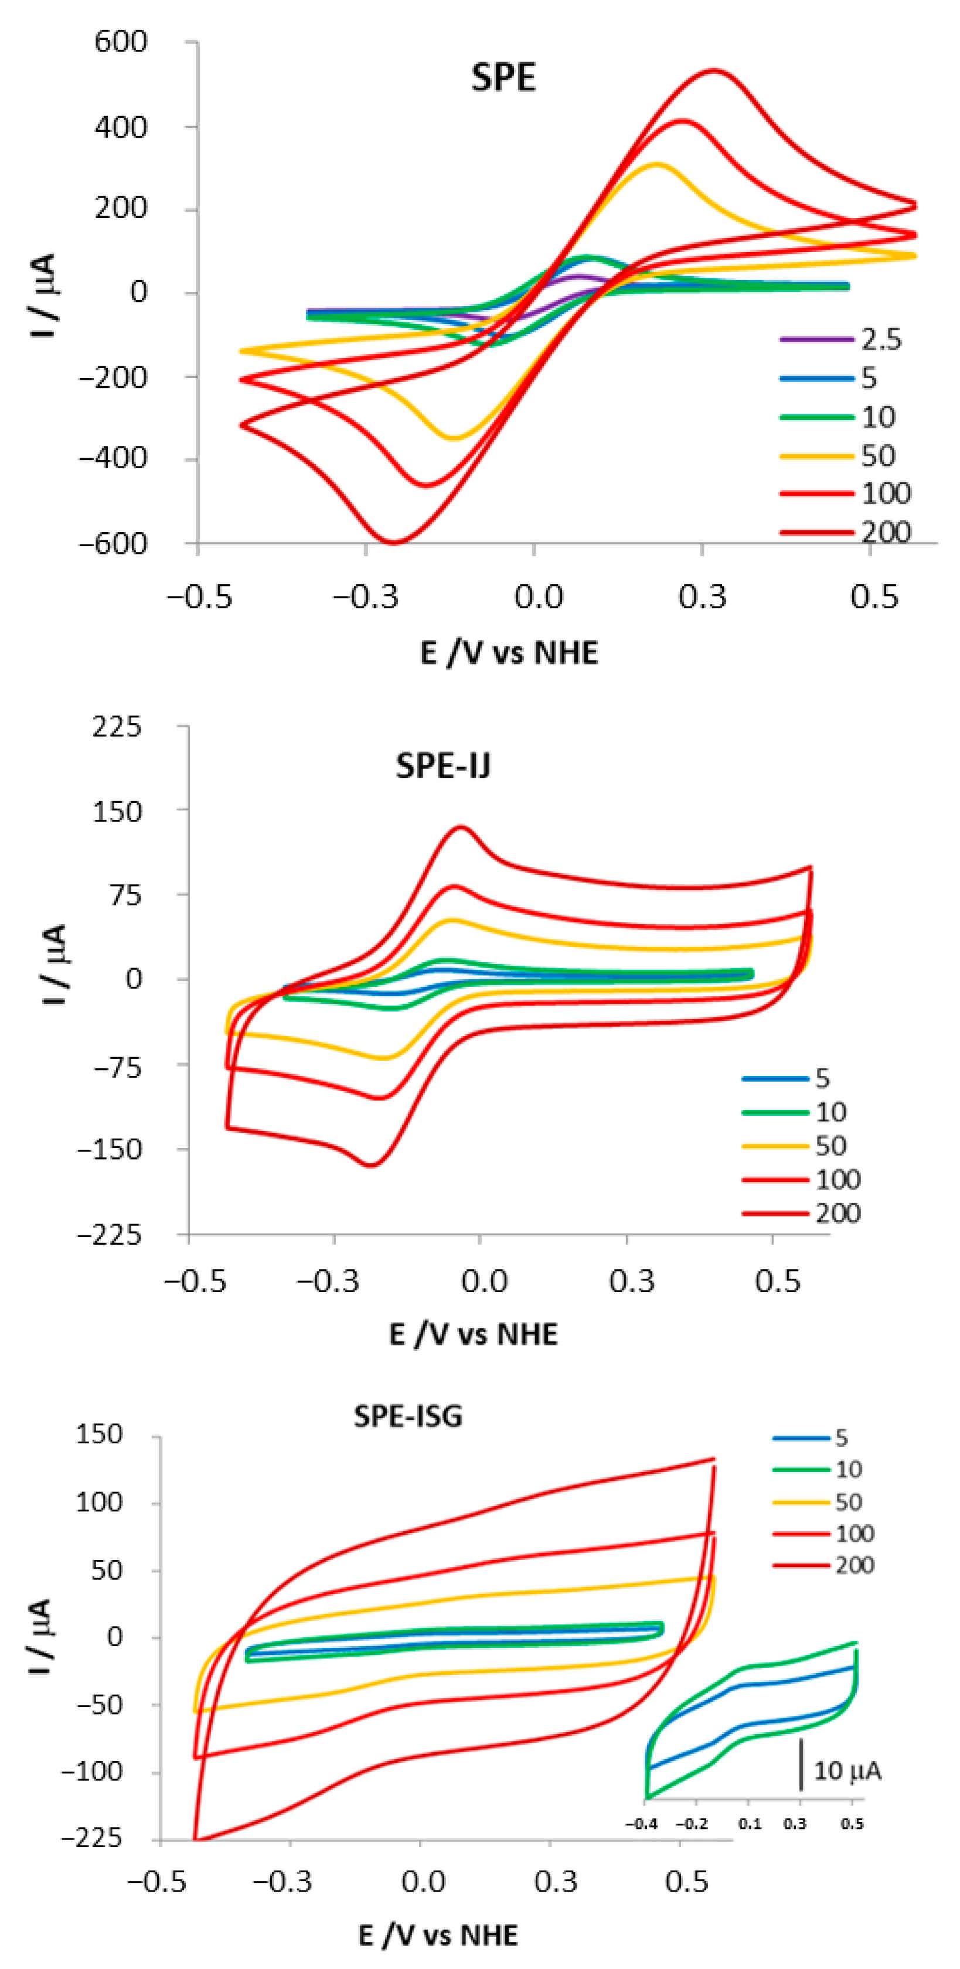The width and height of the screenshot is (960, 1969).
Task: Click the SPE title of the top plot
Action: [503, 77]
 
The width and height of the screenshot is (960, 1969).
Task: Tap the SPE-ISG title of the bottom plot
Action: [408, 1416]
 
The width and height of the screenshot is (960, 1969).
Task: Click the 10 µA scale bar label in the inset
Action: [847, 1770]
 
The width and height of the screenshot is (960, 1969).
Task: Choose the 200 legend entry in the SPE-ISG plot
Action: [854, 1565]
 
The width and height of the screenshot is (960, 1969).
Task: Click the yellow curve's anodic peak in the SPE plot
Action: [656, 163]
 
